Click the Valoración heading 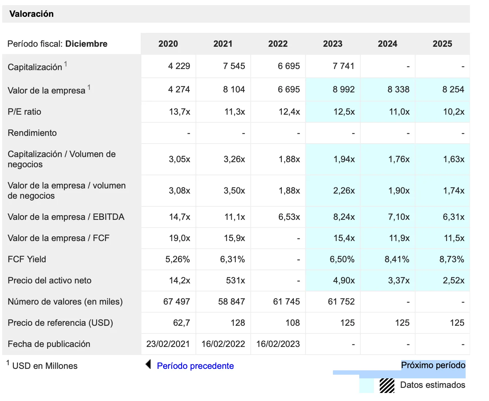tap(31, 14)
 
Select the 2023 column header tap(333, 44)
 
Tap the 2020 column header tap(168, 44)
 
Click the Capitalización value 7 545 tap(234, 66)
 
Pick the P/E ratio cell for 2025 tap(454, 112)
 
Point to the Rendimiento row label tap(32, 133)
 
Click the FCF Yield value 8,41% tap(397, 259)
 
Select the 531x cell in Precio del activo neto tap(235, 280)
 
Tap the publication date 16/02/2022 tap(223, 344)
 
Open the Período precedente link tap(195, 366)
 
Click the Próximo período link tap(433, 365)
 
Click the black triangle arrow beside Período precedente tap(148, 364)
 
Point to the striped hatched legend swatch tap(387, 385)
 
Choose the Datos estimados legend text tap(433, 385)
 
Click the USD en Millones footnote tap(45, 366)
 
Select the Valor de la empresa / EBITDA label tap(66, 217)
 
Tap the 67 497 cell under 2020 tap(177, 302)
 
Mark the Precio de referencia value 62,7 tap(181, 323)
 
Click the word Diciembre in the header tap(86, 44)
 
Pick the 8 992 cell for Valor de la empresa tap(344, 89)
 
